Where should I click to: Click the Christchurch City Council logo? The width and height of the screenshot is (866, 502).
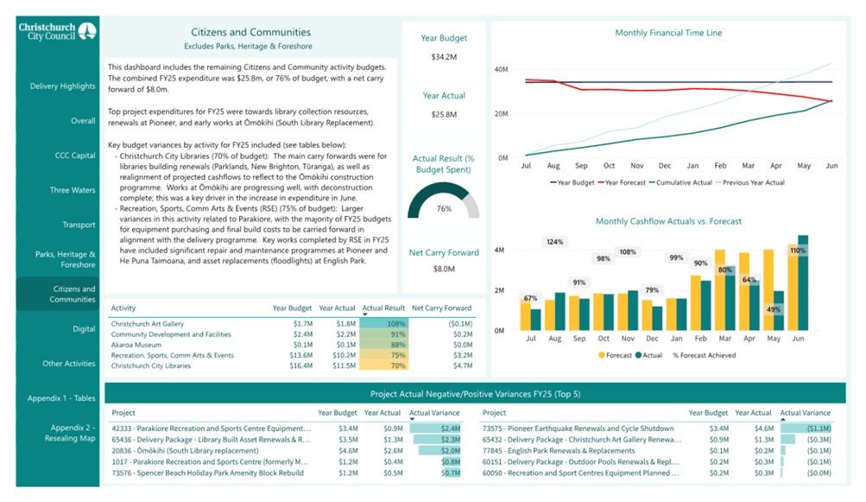tap(57, 32)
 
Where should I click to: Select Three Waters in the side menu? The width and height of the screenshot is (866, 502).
tap(73, 190)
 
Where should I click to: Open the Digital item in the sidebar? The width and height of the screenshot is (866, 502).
tap(84, 329)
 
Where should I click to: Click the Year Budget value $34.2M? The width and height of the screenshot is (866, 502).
tap(444, 57)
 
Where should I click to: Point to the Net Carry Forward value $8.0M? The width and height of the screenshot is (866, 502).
tap(444, 270)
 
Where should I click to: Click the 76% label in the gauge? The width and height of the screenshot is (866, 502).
tap(444, 209)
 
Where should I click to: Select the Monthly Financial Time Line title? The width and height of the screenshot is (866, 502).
tap(668, 33)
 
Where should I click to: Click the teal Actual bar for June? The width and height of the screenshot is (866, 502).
tap(803, 283)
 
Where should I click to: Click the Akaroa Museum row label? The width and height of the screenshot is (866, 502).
tap(137, 345)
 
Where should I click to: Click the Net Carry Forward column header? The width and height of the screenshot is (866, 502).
tap(441, 308)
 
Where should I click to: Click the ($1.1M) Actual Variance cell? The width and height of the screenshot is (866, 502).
tap(818, 429)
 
